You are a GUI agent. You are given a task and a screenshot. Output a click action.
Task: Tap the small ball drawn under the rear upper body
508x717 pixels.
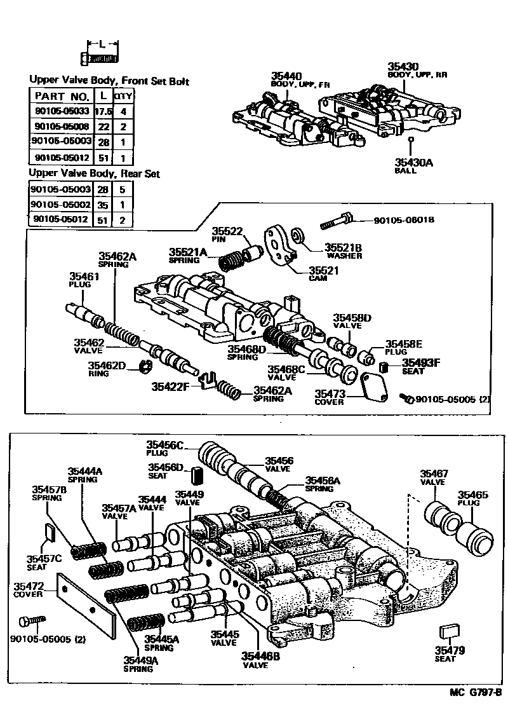[411, 139]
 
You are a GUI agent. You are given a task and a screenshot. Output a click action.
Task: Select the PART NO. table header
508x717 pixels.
[61, 96]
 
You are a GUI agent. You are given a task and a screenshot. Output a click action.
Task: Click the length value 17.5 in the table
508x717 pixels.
[102, 111]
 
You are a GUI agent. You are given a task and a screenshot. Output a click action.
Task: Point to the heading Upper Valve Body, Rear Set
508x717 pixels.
[95, 174]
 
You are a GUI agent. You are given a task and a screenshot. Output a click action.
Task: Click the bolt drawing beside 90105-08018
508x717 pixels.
[337, 221]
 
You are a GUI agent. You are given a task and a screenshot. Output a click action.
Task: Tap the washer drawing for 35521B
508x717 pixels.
[297, 238]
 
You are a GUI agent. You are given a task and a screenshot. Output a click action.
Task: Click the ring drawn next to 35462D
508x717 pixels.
[145, 366]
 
